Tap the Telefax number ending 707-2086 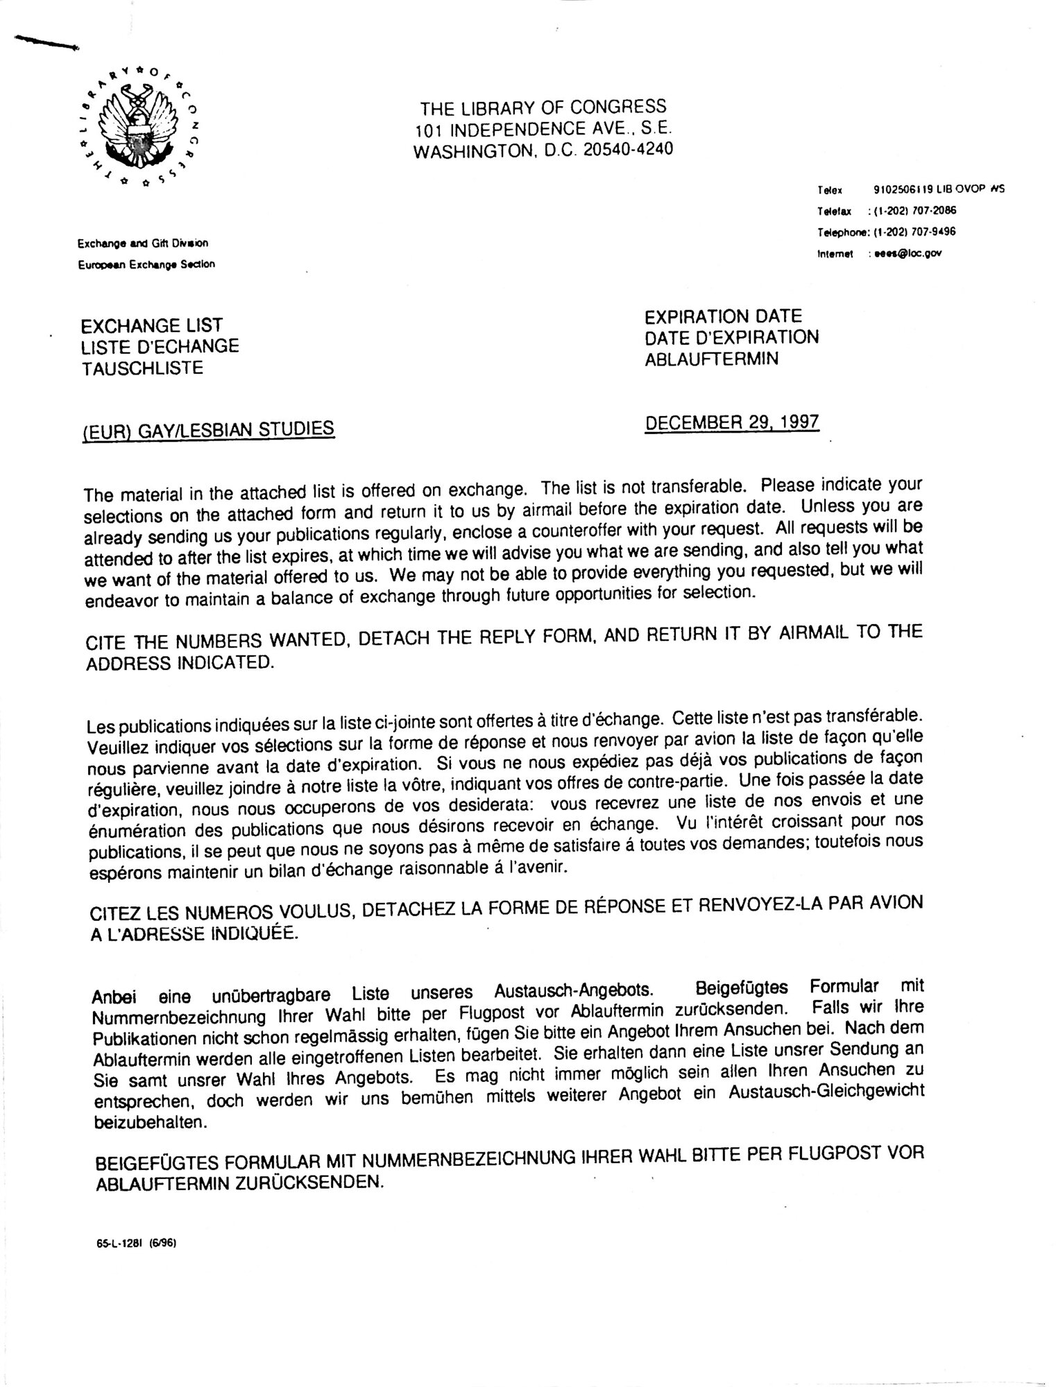click(x=915, y=211)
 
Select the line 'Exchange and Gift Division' click(x=143, y=243)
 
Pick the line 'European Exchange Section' click(x=146, y=264)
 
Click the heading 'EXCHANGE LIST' click(x=152, y=325)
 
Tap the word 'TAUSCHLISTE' click(x=142, y=368)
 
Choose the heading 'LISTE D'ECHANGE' click(x=160, y=346)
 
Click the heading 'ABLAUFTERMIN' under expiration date click(x=711, y=359)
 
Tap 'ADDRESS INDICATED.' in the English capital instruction click(x=180, y=663)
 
